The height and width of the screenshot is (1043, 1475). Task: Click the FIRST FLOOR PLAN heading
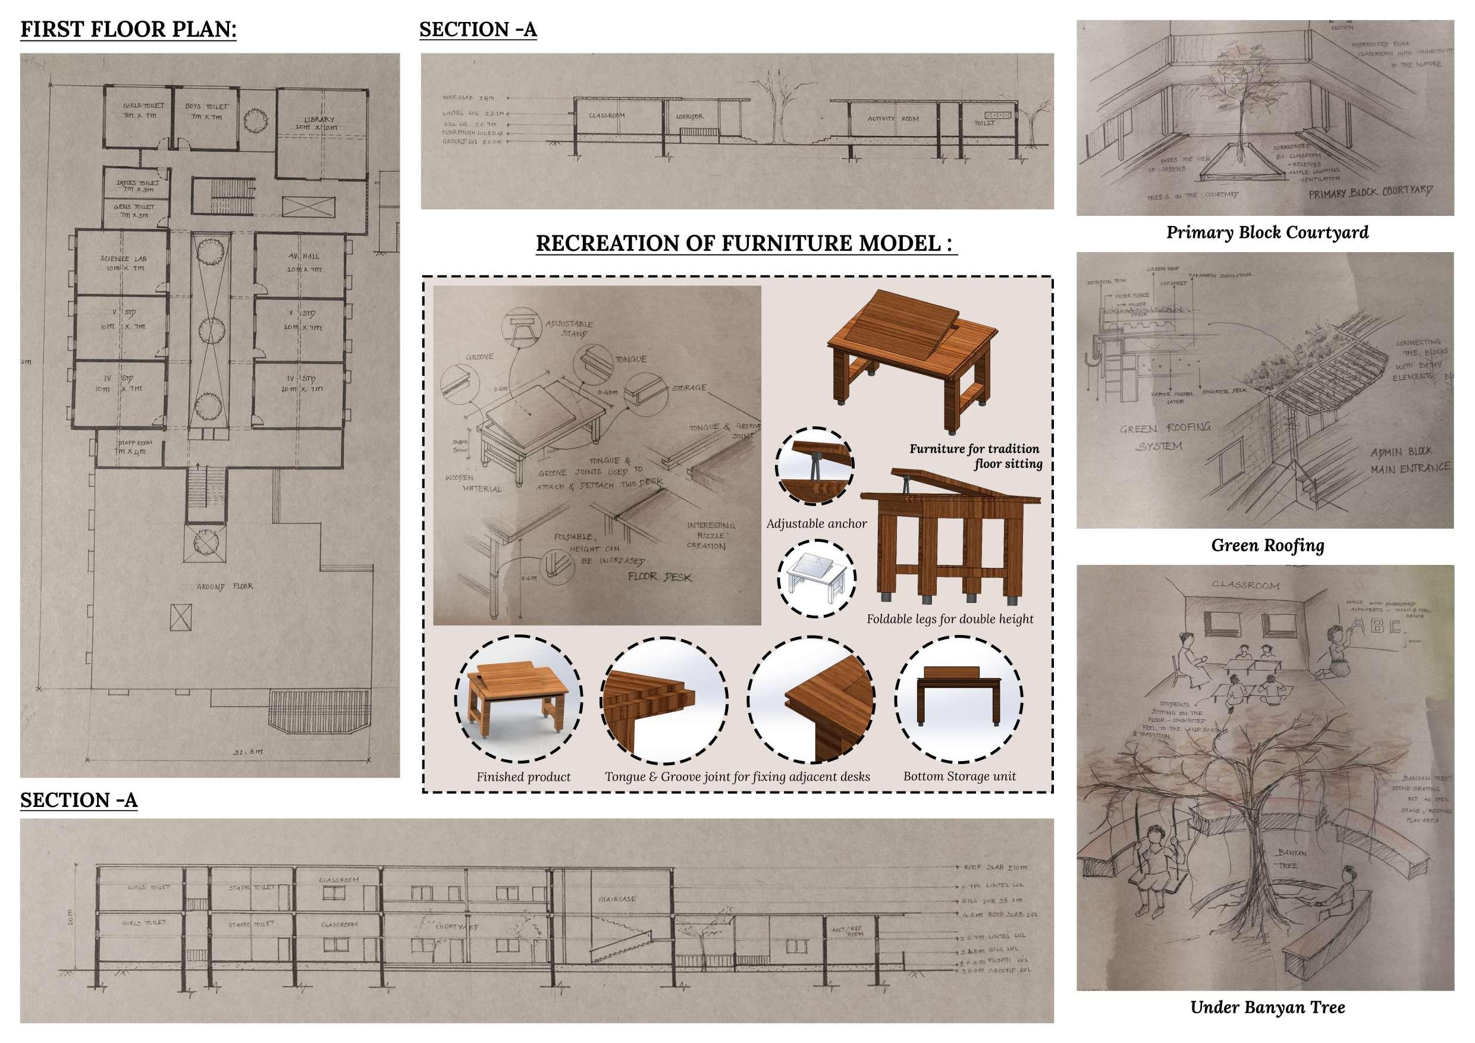click(x=128, y=30)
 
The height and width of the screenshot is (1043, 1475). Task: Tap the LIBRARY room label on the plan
click(x=319, y=122)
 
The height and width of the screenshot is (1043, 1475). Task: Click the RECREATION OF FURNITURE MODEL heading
click(x=745, y=243)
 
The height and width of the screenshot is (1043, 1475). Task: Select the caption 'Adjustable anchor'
click(x=816, y=524)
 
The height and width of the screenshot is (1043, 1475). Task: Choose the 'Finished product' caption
click(x=523, y=777)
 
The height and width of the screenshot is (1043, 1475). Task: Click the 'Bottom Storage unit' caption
click(x=959, y=777)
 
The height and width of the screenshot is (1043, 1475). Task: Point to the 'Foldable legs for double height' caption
click(x=949, y=619)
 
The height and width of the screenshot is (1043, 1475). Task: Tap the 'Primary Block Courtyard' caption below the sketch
click(x=1267, y=233)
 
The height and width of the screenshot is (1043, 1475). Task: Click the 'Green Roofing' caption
click(x=1267, y=546)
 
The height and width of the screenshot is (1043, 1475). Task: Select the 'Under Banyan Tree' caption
click(x=1267, y=1008)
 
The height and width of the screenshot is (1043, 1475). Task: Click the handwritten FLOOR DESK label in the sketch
click(x=660, y=577)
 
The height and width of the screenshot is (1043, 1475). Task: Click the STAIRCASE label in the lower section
click(x=617, y=899)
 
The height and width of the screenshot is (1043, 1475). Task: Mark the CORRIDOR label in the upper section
click(x=689, y=117)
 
